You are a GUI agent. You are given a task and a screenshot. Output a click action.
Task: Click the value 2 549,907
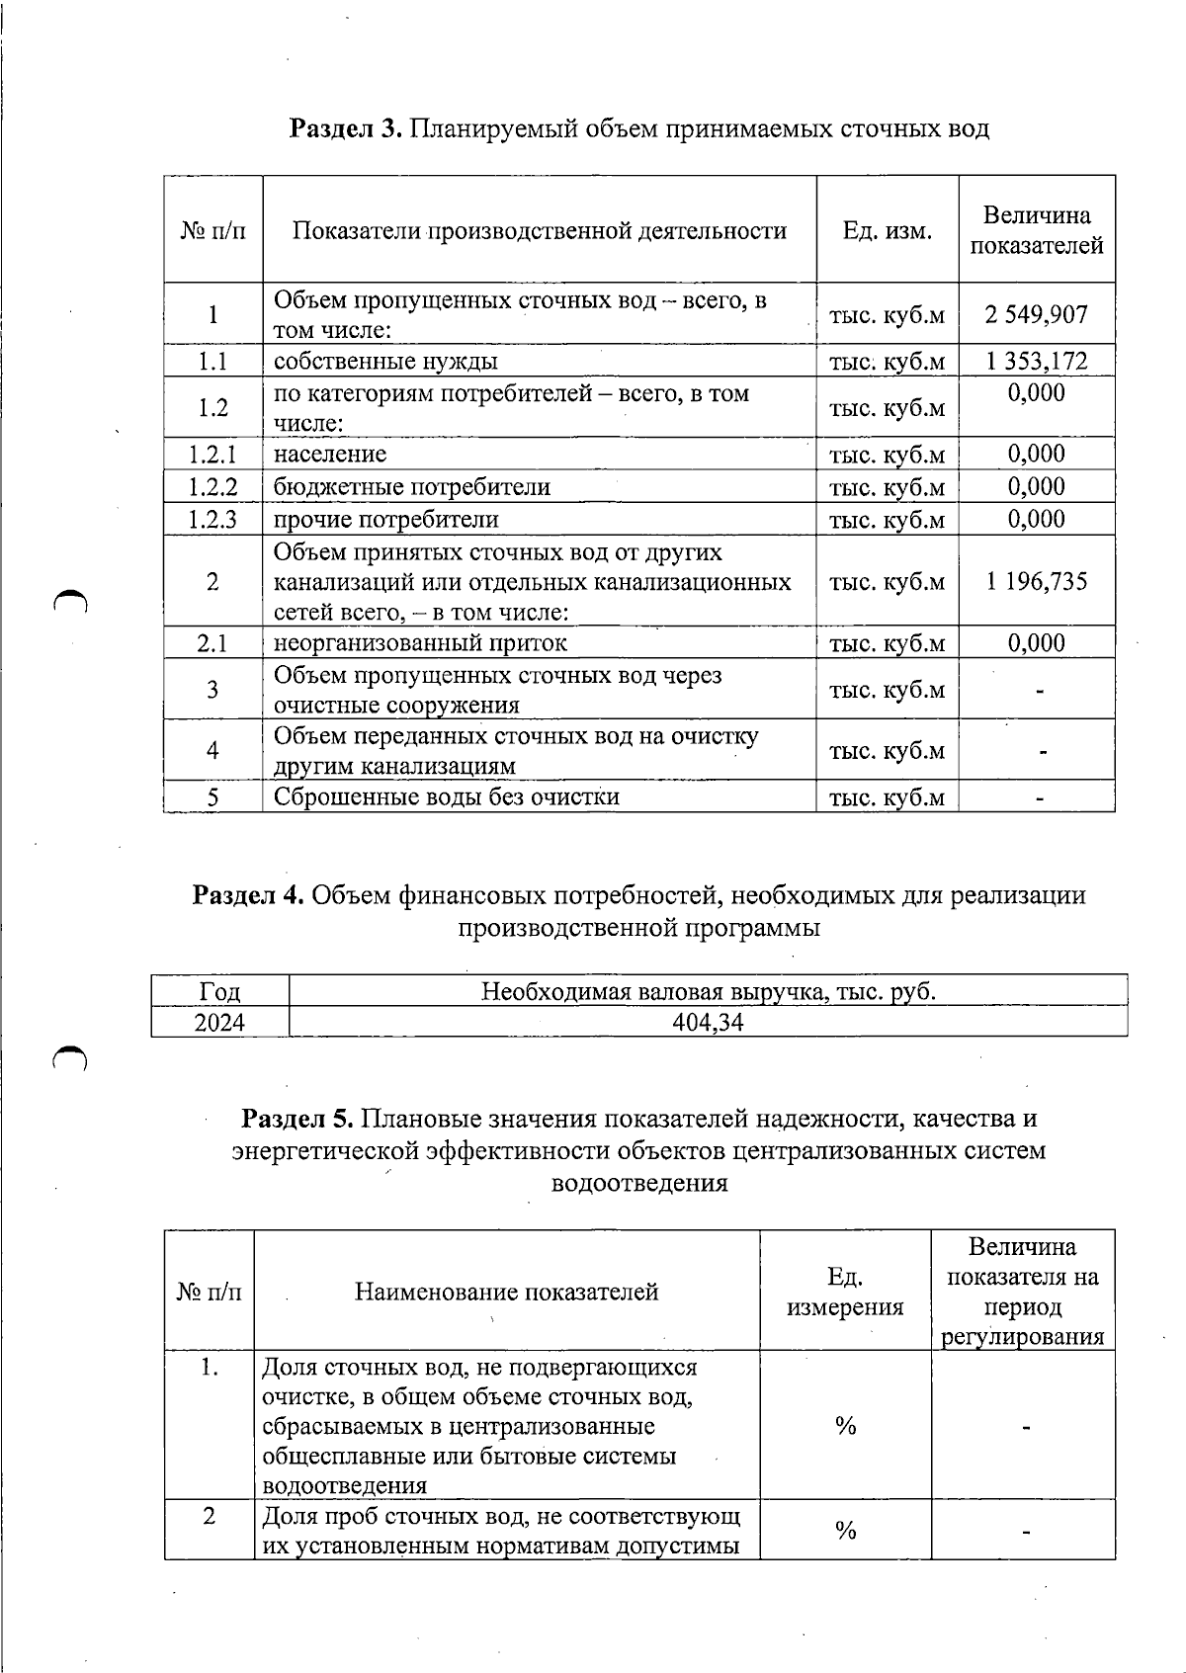1036,315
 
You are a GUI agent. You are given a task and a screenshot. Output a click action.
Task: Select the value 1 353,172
1036,361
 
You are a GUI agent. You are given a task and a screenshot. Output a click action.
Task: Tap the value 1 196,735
1036,581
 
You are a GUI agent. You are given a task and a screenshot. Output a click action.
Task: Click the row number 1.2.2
212,487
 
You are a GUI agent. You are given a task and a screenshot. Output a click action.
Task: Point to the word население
330,455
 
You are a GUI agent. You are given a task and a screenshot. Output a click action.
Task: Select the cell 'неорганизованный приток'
420,643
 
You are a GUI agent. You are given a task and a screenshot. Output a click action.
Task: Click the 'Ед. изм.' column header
887,231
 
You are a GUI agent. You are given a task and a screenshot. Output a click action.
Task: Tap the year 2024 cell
219,1023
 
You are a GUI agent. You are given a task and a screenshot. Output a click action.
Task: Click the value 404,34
708,1023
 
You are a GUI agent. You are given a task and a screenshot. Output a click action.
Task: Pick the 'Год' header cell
219,991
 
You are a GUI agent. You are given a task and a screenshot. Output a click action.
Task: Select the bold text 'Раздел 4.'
248,895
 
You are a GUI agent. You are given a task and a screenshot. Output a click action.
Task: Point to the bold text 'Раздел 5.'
297,1119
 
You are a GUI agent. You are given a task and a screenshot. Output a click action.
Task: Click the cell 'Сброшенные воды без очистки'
446,797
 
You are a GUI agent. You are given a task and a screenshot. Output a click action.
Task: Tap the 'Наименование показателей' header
506,1292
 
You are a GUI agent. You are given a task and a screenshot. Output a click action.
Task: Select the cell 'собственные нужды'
385,361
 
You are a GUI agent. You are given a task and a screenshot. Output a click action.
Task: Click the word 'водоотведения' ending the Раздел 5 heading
638,1183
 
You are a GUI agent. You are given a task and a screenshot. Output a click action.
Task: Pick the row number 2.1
212,643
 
